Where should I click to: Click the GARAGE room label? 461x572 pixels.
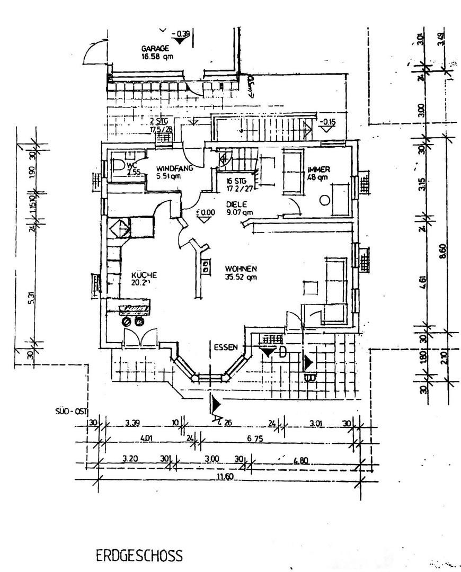coord(155,48)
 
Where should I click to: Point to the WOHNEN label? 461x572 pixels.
coord(241,268)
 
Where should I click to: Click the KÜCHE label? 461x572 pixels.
coord(144,275)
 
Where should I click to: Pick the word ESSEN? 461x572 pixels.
coord(225,348)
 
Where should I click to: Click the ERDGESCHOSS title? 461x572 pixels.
coord(139,556)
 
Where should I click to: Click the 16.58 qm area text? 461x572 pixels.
coord(157,56)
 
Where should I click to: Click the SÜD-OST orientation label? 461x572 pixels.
coord(70,410)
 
